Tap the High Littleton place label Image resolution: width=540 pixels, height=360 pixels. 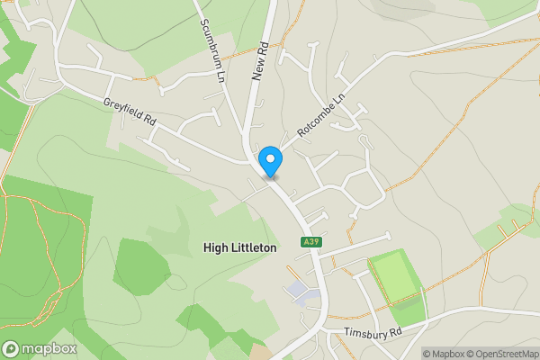240,247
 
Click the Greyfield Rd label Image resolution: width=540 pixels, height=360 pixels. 130,112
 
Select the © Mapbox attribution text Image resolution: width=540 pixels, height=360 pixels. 443,354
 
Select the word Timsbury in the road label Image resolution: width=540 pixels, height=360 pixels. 362,334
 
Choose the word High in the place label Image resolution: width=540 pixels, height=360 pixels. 215,247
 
